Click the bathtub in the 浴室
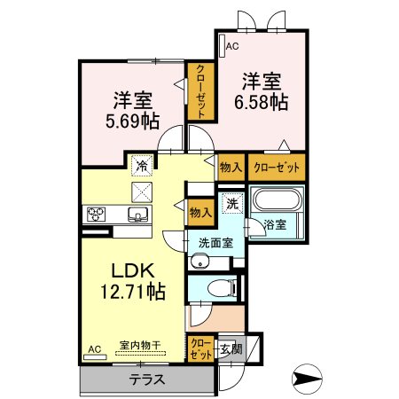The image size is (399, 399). pos(277,200)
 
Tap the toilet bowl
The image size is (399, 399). pos(222,288)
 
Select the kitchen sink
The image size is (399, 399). pos(137,214)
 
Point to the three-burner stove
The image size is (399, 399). pos(96,214)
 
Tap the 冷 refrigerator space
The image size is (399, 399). pos(142,165)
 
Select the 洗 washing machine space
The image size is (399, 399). pos(232,203)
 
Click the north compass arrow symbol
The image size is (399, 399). pos(307,379)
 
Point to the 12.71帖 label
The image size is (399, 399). pos(133,291)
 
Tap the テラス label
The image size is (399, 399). pos(147,379)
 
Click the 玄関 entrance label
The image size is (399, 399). pos(231,349)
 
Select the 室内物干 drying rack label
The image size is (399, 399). pos(140,345)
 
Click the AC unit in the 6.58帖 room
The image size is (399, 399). pos(223,46)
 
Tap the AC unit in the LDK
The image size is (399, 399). pos(95,357)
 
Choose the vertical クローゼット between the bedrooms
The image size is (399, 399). pos(201,92)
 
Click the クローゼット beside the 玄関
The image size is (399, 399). pos(201,349)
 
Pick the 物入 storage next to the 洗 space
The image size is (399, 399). pos(201,213)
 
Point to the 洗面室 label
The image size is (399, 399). pos(215,243)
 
